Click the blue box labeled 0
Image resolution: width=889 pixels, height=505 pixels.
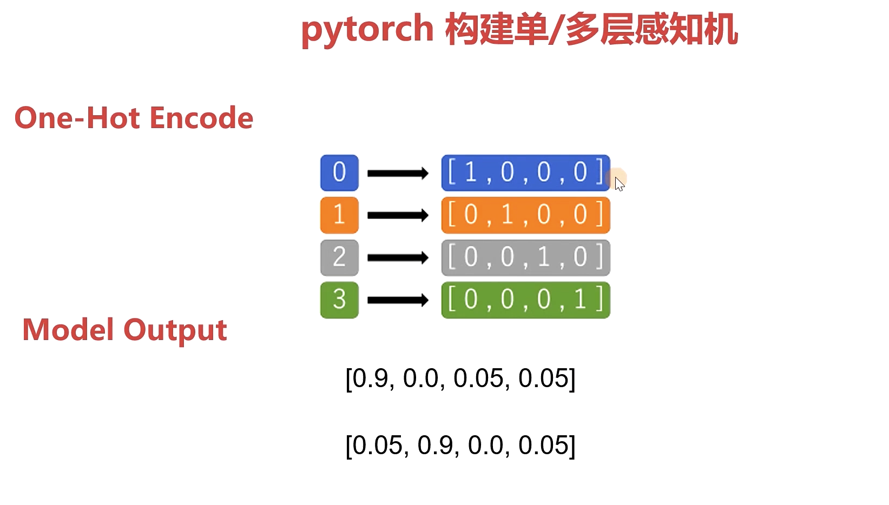pyautogui.click(x=339, y=173)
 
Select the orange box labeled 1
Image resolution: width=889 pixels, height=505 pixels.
pyautogui.click(x=339, y=215)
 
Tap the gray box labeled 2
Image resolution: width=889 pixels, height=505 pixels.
pyautogui.click(x=339, y=257)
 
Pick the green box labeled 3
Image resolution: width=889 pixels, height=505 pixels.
pyautogui.click(x=339, y=300)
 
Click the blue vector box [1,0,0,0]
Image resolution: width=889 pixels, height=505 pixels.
pyautogui.click(x=525, y=173)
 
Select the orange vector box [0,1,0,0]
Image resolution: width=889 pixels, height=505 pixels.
pyautogui.click(x=525, y=215)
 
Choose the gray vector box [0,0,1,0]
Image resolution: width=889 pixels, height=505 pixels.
pyautogui.click(x=525, y=257)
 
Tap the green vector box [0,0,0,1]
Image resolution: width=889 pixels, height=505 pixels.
pyautogui.click(x=525, y=300)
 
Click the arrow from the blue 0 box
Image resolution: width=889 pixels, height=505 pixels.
pyautogui.click(x=398, y=173)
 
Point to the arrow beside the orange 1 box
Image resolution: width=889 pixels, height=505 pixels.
pyautogui.click(x=398, y=215)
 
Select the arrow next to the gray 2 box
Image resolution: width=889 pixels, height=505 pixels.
pyautogui.click(x=398, y=258)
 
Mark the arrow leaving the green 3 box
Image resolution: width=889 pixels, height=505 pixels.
pyautogui.click(x=398, y=300)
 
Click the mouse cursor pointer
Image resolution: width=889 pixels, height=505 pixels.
pyautogui.click(x=619, y=183)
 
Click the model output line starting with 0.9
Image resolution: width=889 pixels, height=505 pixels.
pyautogui.click(x=460, y=378)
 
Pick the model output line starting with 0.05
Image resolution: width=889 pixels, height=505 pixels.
pyautogui.click(x=460, y=446)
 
